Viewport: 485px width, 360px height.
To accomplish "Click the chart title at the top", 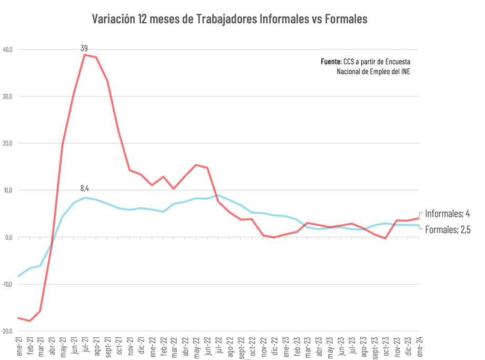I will pos(230,19).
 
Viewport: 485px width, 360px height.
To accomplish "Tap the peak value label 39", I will pos(84,48).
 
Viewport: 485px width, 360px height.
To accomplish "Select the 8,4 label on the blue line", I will pos(84,188).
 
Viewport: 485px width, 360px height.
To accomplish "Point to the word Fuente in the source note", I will pos(331,62).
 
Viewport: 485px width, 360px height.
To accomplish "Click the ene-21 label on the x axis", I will pos(19,348).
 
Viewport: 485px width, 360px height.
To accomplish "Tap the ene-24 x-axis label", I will pos(419,348).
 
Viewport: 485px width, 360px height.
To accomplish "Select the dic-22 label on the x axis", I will pos(274,348).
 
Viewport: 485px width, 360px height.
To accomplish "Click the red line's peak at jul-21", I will pos(85,55).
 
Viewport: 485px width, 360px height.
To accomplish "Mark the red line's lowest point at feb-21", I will pos(29,321).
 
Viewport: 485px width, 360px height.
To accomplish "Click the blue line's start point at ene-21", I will pos(18,276).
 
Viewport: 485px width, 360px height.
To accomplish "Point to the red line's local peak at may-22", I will pos(196,165).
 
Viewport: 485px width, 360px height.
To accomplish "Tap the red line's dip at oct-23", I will pos(385,238).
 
